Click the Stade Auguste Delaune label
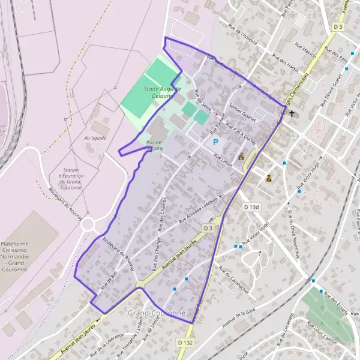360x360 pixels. pos(158,92)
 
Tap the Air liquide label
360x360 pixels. pos(95,137)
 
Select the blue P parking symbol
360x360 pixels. pos(215,142)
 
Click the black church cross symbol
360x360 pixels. pos(292,113)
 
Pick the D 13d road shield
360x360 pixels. pos(252,207)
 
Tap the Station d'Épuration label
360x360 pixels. pos(66,175)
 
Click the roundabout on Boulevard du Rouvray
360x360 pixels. pos(89,224)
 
